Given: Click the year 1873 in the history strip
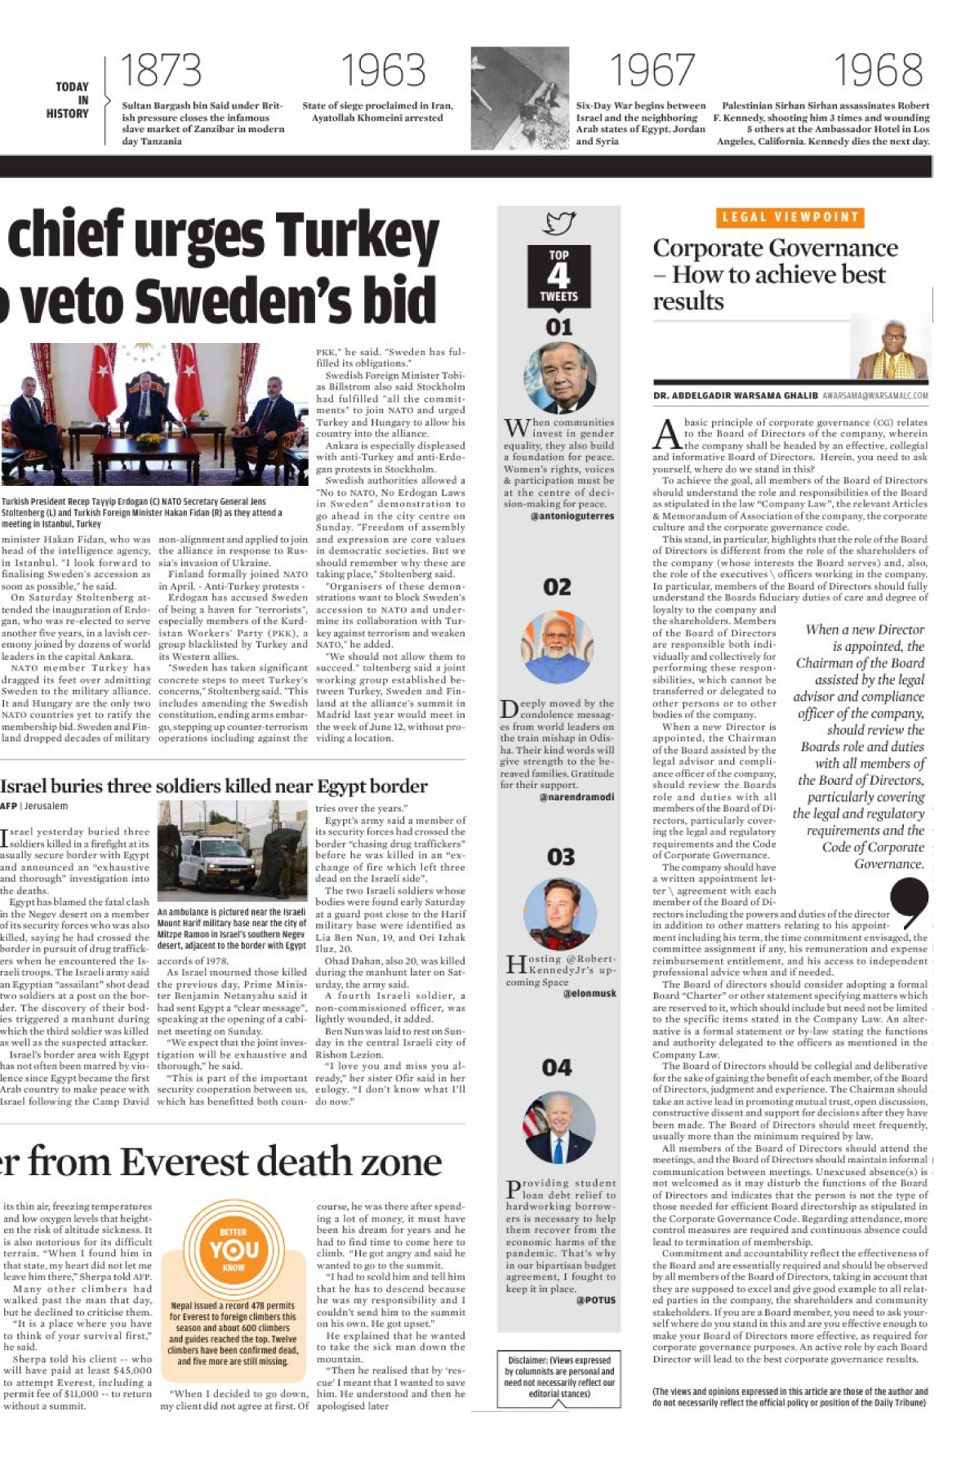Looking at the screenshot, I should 161,70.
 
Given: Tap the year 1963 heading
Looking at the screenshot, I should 383,70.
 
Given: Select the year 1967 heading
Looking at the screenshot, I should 652,70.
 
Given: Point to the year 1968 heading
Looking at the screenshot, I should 879,70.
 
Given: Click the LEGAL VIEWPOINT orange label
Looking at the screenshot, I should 790,217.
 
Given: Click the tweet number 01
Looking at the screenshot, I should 558,327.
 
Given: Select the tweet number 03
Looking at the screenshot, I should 560,857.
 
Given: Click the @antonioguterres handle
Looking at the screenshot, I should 572,516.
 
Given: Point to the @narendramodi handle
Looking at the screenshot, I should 576,797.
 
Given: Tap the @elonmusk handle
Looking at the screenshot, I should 590,994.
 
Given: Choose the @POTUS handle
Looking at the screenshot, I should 595,1300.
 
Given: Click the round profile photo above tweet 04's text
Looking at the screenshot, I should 559,1127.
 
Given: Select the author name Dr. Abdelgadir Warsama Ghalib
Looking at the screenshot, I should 735,396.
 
